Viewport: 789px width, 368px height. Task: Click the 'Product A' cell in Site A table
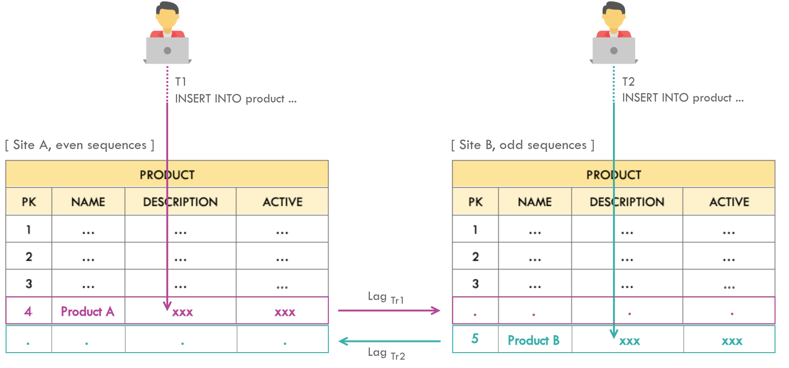pyautogui.click(x=88, y=311)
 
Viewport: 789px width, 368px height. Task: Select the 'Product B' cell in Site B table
pyautogui.click(x=533, y=341)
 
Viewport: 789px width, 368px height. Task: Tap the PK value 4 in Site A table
pyautogui.click(x=28, y=311)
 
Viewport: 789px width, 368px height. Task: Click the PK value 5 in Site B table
pyautogui.click(x=475, y=339)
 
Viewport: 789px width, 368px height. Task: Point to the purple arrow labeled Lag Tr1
pyautogui.click(x=389, y=310)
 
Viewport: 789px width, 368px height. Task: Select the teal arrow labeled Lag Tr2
pyautogui.click(x=389, y=341)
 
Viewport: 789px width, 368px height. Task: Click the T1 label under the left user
pyautogui.click(x=181, y=82)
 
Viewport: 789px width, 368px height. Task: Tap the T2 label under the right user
pyautogui.click(x=628, y=82)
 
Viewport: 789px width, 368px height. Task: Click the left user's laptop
pyautogui.click(x=167, y=50)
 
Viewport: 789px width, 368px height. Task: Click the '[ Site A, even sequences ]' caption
pyautogui.click(x=80, y=145)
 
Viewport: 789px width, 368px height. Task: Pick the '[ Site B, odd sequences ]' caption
pyautogui.click(x=523, y=145)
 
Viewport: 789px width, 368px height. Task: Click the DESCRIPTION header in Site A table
pyautogui.click(x=180, y=202)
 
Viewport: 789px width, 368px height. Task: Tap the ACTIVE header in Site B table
pyautogui.click(x=729, y=202)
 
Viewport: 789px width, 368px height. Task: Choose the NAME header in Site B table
pyautogui.click(x=535, y=202)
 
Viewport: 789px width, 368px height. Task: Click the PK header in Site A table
pyautogui.click(x=29, y=202)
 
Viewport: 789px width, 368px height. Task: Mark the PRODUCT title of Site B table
pyautogui.click(x=613, y=175)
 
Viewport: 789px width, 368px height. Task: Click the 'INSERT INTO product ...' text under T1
pyautogui.click(x=236, y=99)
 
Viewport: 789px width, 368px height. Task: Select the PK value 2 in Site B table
pyautogui.click(x=475, y=257)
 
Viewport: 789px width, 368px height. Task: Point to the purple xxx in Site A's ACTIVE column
pyautogui.click(x=285, y=312)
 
